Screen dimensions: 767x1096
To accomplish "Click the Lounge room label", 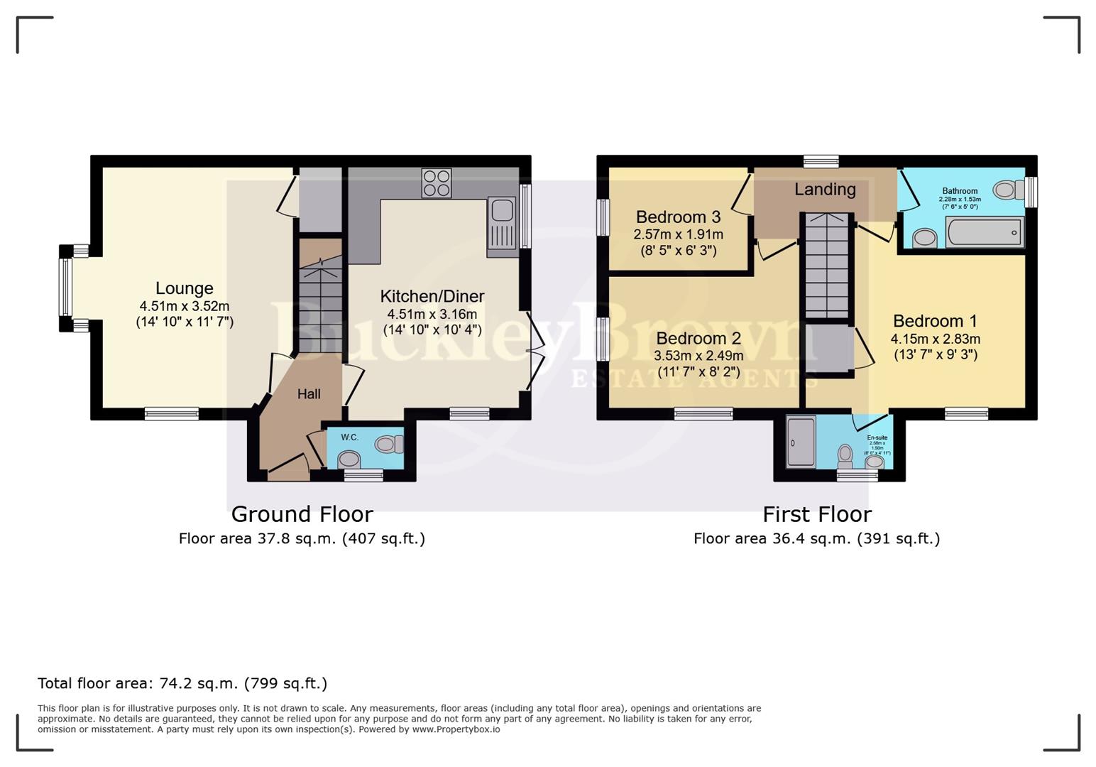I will click(184, 288).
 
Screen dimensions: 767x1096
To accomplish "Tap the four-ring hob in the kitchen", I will click(436, 182).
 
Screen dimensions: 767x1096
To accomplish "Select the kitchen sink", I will click(501, 211).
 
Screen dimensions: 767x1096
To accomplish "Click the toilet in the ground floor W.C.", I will click(388, 445).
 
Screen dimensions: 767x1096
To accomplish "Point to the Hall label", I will click(309, 394).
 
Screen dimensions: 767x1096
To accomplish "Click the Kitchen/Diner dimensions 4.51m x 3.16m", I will click(432, 314).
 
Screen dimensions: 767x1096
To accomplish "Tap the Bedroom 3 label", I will click(678, 217).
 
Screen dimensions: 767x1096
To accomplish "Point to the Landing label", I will click(825, 190).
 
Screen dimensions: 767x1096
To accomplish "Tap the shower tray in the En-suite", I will click(801, 442).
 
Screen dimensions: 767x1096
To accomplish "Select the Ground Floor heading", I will click(302, 514).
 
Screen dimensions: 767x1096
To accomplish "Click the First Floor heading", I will click(816, 514).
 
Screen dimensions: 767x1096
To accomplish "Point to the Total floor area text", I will click(182, 684).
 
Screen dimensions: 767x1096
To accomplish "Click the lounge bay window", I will click(65, 288).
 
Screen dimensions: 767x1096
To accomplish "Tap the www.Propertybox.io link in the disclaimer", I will click(456, 729).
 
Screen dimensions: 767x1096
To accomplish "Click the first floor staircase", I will click(826, 266).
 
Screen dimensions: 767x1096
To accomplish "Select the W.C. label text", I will click(349, 437).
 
